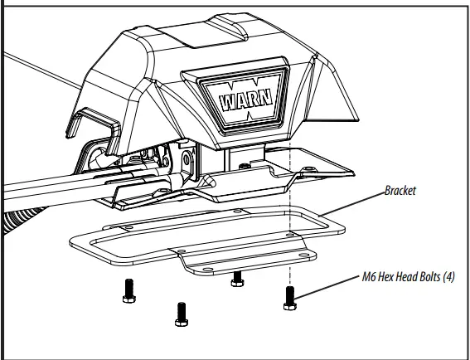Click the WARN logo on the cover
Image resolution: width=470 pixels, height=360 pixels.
[x=246, y=100]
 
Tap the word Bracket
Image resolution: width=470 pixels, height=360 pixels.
[x=400, y=191]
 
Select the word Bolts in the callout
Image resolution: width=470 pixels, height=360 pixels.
[x=430, y=276]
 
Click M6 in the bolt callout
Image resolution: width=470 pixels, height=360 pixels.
[x=369, y=276]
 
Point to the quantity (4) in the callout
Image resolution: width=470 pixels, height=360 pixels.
[x=449, y=276]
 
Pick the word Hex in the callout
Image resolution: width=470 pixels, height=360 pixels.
[x=385, y=276]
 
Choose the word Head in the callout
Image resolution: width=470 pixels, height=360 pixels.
[x=406, y=276]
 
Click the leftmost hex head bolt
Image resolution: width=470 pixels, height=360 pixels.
[x=129, y=291]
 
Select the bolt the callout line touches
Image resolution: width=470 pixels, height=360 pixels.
[x=290, y=298]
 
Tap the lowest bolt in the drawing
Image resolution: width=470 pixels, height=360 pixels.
[x=182, y=314]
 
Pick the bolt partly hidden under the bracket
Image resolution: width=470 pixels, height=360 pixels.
[x=237, y=279]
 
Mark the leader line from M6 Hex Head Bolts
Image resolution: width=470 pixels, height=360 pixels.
[x=327, y=287]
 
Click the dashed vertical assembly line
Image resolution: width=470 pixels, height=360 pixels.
[x=289, y=214]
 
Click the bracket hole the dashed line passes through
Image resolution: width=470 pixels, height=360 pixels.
[x=290, y=235]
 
